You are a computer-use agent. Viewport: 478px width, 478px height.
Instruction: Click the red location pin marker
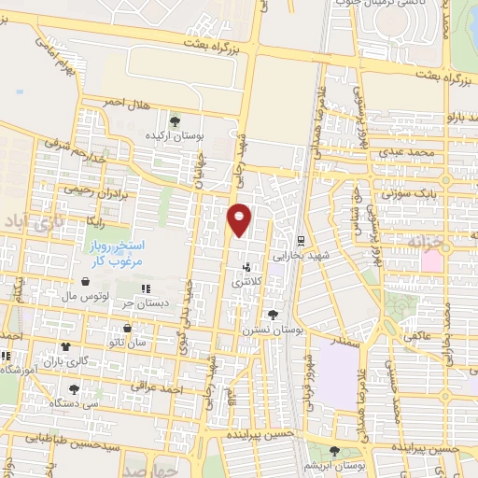240,220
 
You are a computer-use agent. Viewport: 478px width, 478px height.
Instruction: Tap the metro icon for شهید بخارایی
301,239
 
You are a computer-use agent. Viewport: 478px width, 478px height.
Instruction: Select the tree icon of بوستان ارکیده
175,120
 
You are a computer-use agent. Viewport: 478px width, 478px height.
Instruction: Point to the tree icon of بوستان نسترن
272,315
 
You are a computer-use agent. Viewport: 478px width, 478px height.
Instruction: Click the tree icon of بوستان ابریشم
334,451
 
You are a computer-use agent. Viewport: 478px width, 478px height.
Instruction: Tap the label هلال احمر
125,101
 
